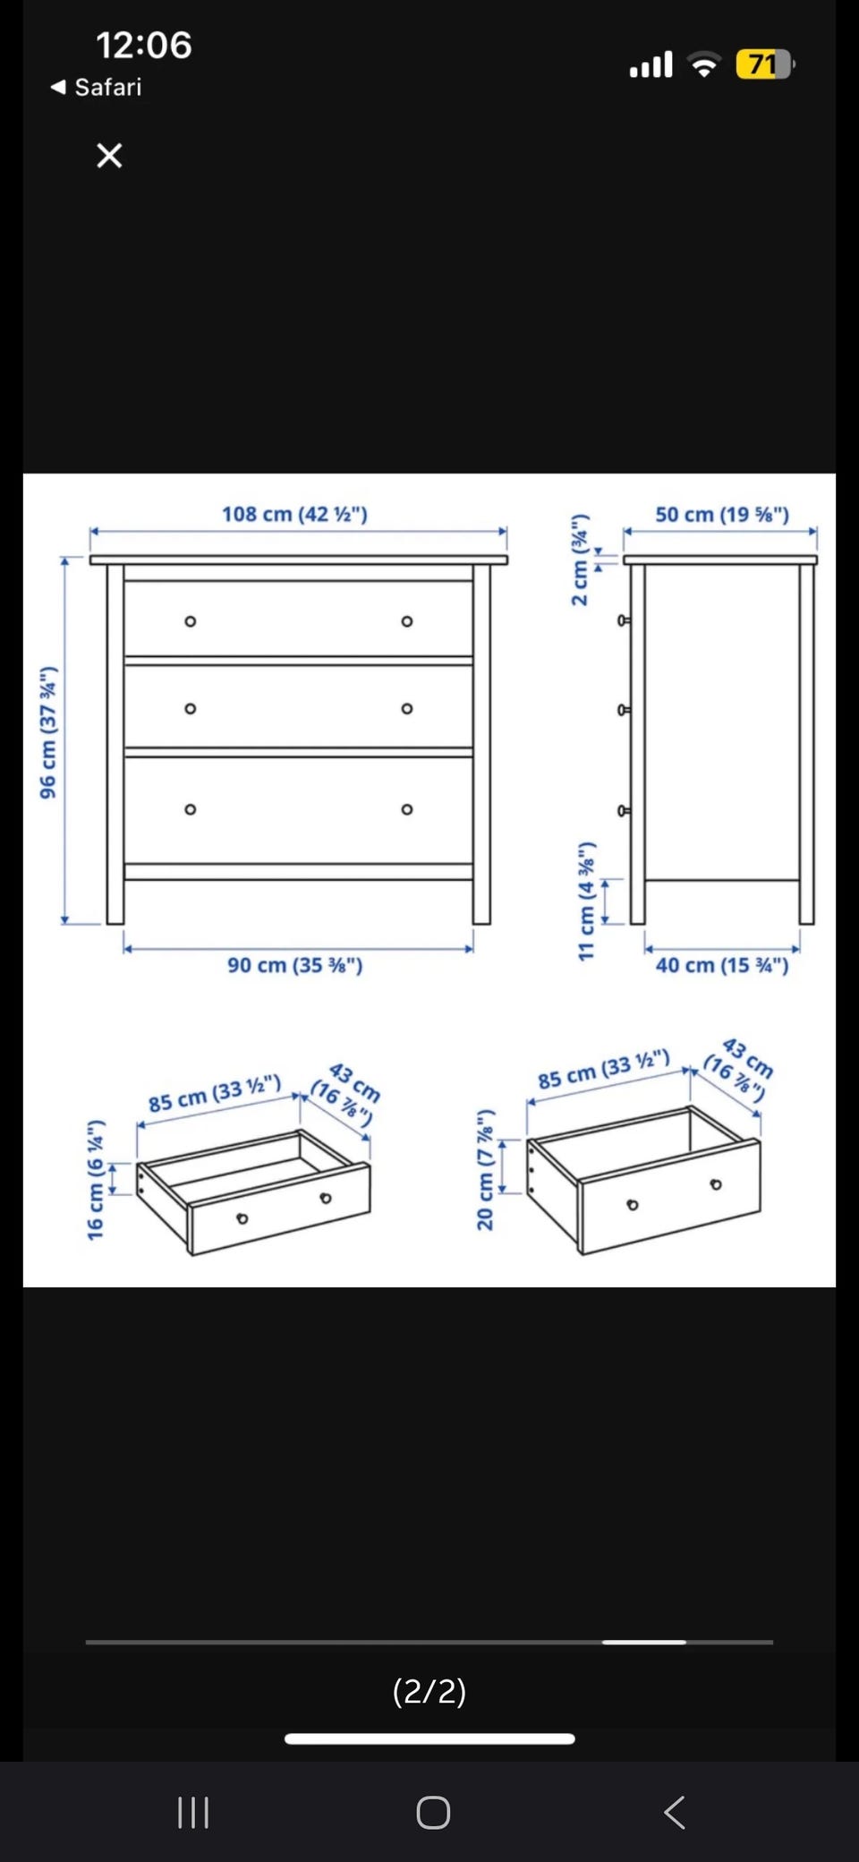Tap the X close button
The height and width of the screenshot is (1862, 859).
pyautogui.click(x=109, y=156)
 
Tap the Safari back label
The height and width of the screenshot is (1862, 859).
pyautogui.click(x=97, y=87)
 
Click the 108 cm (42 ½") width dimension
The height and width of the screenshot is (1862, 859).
pyautogui.click(x=294, y=514)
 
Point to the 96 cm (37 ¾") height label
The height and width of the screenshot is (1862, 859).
pyautogui.click(x=48, y=732)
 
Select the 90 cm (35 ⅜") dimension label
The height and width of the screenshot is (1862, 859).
pyautogui.click(x=294, y=965)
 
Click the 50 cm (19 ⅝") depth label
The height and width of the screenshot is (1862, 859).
pyautogui.click(x=722, y=515)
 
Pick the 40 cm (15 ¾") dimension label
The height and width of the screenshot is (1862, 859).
pyautogui.click(x=722, y=965)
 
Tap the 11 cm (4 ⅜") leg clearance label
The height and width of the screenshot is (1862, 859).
pyautogui.click(x=586, y=901)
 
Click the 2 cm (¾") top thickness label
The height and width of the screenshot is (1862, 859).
pyautogui.click(x=580, y=560)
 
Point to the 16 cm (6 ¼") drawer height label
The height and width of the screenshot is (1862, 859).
pyautogui.click(x=96, y=1180)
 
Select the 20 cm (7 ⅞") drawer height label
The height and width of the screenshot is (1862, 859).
pyautogui.click(x=485, y=1170)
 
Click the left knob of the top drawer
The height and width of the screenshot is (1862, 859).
pyautogui.click(x=190, y=621)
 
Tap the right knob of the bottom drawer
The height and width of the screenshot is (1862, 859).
pyautogui.click(x=407, y=809)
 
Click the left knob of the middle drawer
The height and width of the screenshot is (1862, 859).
pyautogui.click(x=190, y=708)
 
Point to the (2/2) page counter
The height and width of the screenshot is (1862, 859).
pyautogui.click(x=429, y=1691)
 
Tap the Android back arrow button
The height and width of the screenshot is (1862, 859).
pyautogui.click(x=675, y=1812)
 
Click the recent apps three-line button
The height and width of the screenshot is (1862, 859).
pyautogui.click(x=193, y=1812)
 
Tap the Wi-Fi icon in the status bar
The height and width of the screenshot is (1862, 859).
pyautogui.click(x=704, y=64)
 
